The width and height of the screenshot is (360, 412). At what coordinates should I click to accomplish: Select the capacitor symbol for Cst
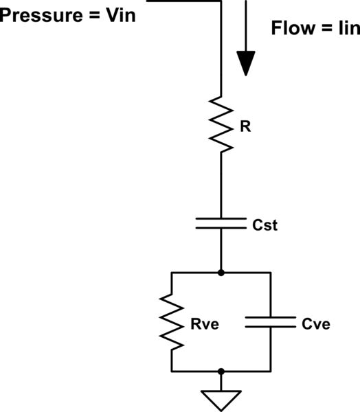click(x=221, y=223)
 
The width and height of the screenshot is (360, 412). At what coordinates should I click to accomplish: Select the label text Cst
click(x=265, y=224)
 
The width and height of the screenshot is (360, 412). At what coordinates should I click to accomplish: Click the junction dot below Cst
click(x=221, y=273)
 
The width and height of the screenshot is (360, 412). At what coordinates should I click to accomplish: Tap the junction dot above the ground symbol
click(x=221, y=371)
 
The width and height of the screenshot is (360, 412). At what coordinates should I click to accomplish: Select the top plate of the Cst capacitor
click(x=221, y=219)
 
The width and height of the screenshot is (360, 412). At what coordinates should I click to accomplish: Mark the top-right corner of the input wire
click(x=221, y=1)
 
